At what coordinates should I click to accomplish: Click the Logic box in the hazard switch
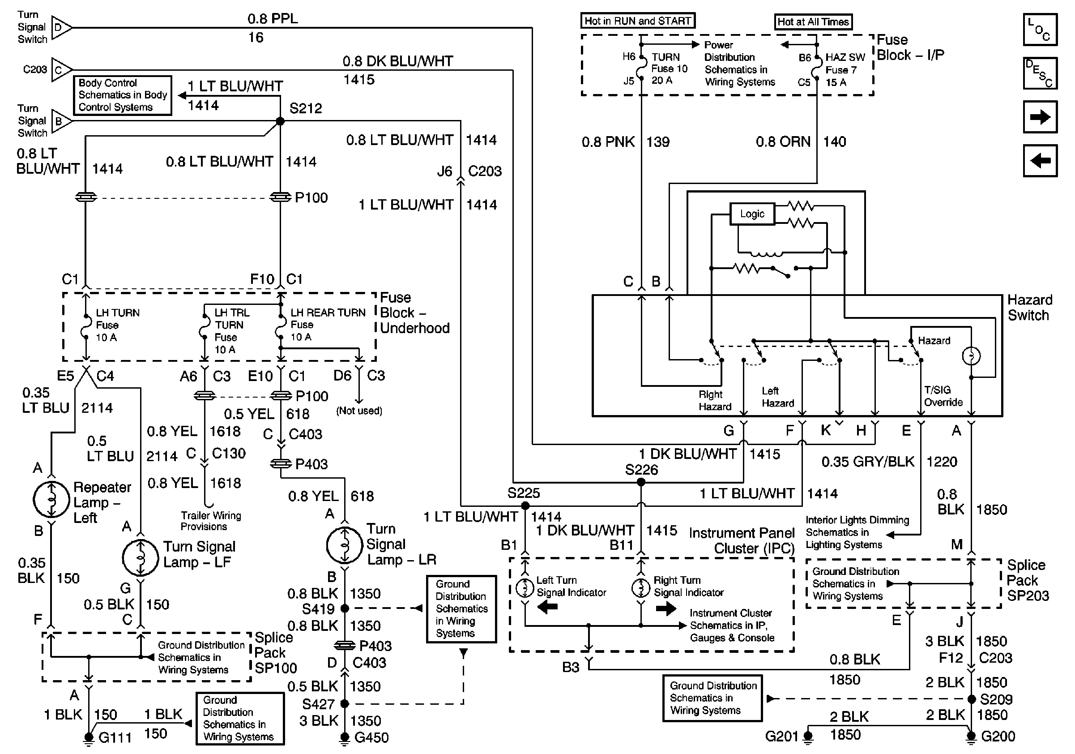752,214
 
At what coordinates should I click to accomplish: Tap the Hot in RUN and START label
638,21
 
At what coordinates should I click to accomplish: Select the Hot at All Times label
813,22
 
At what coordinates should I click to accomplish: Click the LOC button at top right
1040,30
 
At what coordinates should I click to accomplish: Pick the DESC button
1040,73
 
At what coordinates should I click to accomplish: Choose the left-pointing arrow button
1040,161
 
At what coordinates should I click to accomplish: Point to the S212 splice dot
280,121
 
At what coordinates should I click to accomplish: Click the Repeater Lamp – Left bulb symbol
51,499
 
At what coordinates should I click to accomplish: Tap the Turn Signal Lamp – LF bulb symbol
141,558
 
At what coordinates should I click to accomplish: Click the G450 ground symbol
345,737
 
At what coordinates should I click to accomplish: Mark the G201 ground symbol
808,737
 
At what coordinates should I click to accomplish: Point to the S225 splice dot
525,506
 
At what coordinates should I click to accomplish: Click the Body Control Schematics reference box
123,95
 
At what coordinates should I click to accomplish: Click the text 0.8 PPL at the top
273,19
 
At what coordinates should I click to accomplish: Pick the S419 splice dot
345,608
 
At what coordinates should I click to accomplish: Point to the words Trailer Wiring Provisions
211,521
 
